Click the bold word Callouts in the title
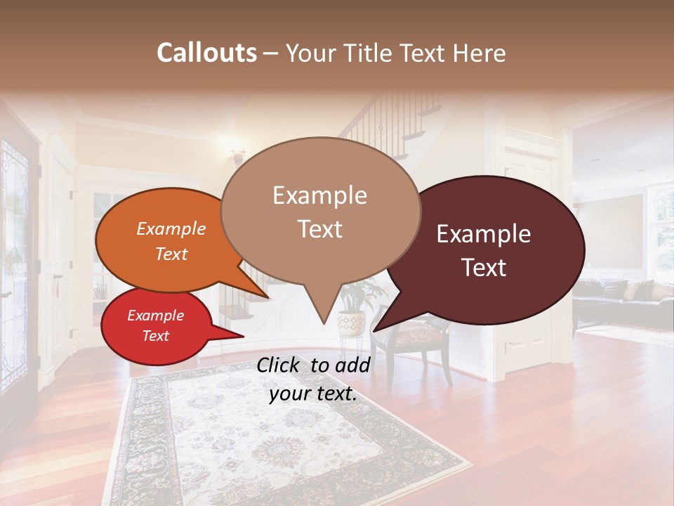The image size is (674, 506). click(x=206, y=53)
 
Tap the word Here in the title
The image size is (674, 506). click(x=480, y=53)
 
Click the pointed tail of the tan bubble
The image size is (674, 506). click(x=323, y=320)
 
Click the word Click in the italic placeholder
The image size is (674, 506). click(x=280, y=365)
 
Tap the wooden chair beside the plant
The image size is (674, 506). click(x=411, y=344)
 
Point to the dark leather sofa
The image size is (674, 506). click(x=618, y=299)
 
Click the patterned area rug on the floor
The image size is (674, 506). click(x=281, y=443)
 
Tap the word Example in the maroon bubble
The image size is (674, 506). click(x=484, y=234)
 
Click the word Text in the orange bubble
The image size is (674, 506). click(x=171, y=254)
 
